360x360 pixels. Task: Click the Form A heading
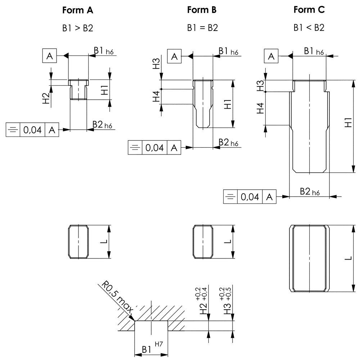click(x=78, y=10)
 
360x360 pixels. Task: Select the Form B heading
click(x=202, y=10)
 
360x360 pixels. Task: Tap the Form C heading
click(x=309, y=10)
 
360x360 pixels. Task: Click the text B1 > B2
click(x=78, y=28)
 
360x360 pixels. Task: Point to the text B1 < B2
click(x=309, y=28)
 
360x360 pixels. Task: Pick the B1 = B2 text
click(x=202, y=28)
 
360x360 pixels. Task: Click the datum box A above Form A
click(x=50, y=56)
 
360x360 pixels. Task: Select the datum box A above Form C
click(x=272, y=56)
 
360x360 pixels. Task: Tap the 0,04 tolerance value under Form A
click(x=32, y=130)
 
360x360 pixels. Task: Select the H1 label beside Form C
click(x=348, y=122)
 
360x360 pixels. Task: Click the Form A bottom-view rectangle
click(x=78, y=242)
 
